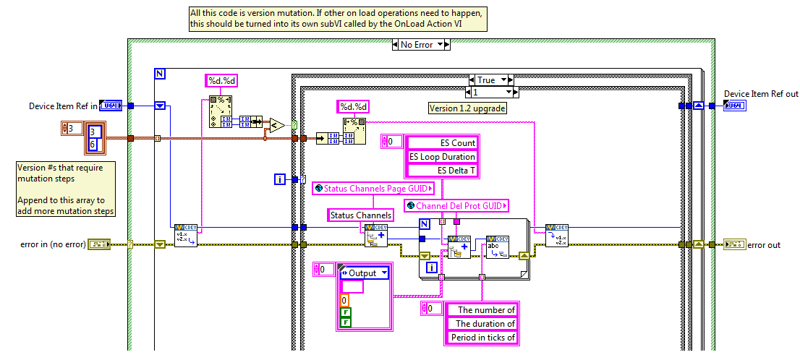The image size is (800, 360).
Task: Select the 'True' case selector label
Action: click(486, 80)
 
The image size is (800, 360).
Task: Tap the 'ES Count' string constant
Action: click(442, 143)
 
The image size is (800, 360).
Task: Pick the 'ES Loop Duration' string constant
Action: click(442, 157)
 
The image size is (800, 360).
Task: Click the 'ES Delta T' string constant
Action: click(442, 171)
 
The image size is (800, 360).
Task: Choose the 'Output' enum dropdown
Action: click(365, 273)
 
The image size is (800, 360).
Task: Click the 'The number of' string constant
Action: click(480, 310)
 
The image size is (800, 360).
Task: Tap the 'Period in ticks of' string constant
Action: click(480, 338)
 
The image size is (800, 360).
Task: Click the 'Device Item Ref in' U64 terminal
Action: click(110, 106)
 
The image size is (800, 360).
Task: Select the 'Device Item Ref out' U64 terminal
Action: click(734, 106)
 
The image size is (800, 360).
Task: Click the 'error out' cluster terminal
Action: click(734, 244)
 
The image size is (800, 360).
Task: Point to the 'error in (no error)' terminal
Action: click(98, 244)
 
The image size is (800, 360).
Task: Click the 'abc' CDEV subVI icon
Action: click(497, 246)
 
